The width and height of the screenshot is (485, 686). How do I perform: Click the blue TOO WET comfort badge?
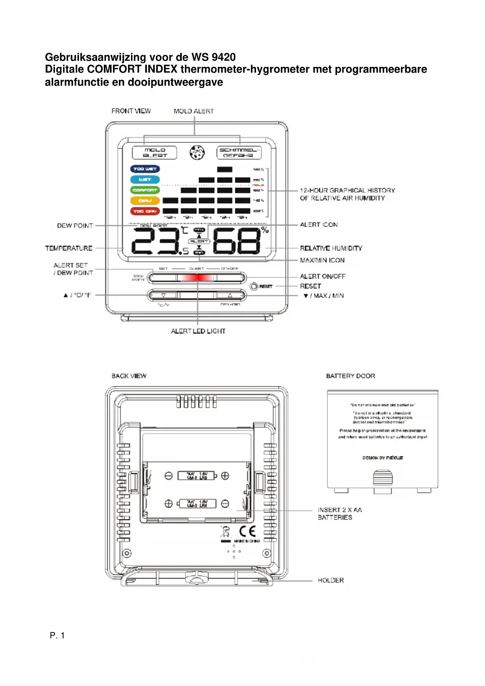pos(145,169)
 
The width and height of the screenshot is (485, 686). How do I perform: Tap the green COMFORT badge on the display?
pos(145,190)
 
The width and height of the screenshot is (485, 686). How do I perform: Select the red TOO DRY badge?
pos(145,211)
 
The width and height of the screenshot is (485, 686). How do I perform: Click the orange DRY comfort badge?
pos(145,201)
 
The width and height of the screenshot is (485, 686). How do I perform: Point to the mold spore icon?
pos(197,153)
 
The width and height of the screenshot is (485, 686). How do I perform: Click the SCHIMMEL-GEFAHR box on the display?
pos(238,153)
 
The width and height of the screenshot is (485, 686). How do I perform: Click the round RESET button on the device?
pos(254,286)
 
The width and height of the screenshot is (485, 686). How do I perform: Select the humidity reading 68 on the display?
pos(237,241)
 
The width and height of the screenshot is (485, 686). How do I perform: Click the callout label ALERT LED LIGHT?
pos(198,331)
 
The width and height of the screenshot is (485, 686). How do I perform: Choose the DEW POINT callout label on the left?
pos(75,226)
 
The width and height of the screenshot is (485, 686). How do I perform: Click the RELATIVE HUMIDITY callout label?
pos(331,248)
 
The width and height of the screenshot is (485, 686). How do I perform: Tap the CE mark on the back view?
pos(247,531)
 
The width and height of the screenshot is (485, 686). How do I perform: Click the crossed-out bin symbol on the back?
pos(225,532)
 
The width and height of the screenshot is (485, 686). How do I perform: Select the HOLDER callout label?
pos(331,580)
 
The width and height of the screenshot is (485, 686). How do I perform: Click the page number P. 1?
pos(57,636)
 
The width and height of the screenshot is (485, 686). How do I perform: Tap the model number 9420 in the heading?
pos(224,57)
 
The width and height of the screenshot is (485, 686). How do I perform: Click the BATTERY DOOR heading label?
pos(351,376)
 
